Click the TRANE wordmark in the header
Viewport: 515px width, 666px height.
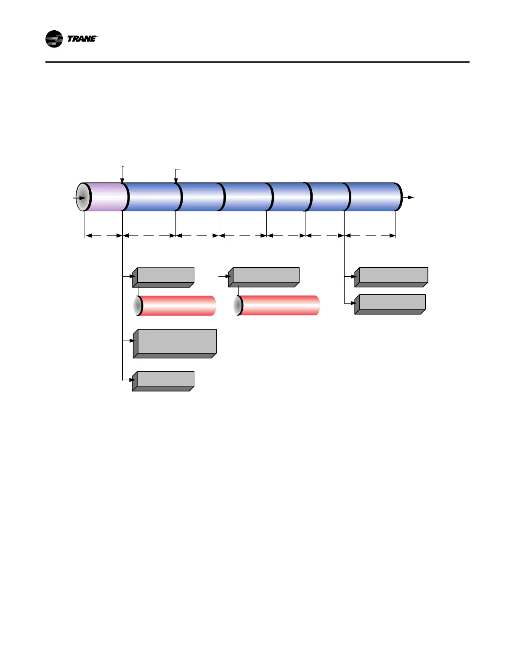(82, 39)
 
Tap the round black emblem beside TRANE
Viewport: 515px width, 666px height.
(54, 39)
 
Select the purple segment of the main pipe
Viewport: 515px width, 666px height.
(106, 197)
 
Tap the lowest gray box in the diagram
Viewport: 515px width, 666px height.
(164, 381)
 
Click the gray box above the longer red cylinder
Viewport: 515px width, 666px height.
(264, 277)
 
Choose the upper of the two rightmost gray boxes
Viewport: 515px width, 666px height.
(392, 277)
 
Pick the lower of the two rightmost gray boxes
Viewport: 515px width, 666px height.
(390, 304)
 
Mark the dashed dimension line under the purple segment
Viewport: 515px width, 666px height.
(104, 236)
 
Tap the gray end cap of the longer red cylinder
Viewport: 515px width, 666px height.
(238, 306)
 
